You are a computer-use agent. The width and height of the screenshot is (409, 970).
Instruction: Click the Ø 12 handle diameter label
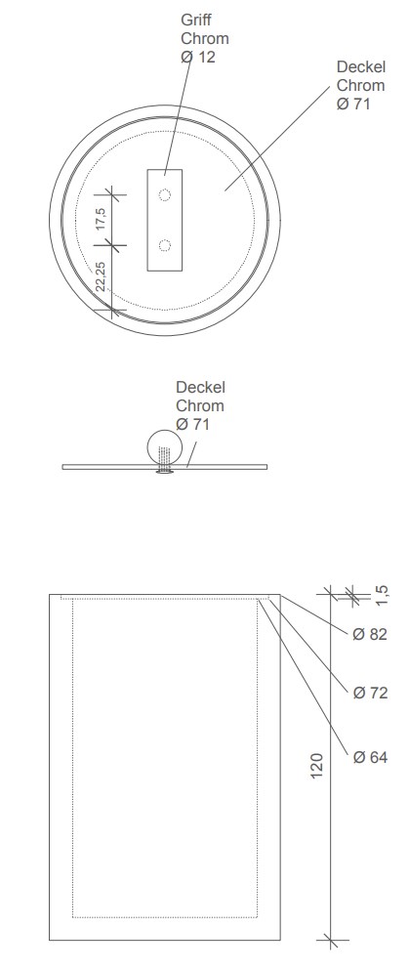coord(198,57)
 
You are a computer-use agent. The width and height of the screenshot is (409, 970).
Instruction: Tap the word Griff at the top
coord(196,20)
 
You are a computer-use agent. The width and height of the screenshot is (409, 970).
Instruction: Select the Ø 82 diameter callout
coord(369,634)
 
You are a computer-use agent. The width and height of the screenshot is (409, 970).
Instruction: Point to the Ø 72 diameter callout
coord(370,693)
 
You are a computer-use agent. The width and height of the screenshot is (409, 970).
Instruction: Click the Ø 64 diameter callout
coord(370,757)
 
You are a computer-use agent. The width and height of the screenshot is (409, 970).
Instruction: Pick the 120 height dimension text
coord(316,765)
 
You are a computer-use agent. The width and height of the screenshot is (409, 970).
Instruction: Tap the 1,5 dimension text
coord(383,595)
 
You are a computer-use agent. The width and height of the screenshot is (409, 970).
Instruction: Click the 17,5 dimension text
coord(102,220)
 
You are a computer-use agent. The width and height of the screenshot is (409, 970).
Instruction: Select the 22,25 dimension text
coord(102,276)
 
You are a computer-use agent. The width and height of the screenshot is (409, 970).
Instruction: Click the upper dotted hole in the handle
coord(164,194)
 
